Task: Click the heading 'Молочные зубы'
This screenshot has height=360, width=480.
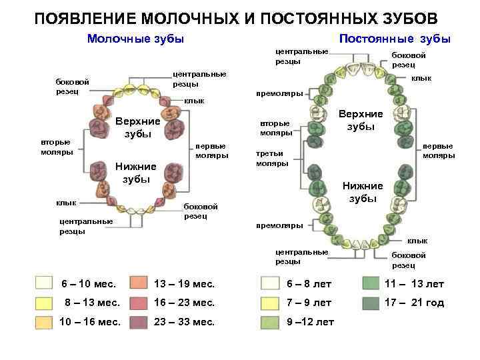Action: pos(135,39)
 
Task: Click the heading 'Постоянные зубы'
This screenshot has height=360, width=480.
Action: pos(395,39)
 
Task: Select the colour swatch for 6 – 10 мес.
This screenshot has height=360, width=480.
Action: pos(44,283)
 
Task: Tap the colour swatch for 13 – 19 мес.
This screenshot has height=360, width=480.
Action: pos(139,283)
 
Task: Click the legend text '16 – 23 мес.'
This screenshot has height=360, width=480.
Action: pos(185,303)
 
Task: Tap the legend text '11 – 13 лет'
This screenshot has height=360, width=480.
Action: pos(414,284)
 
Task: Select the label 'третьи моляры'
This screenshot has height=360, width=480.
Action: pos(273,158)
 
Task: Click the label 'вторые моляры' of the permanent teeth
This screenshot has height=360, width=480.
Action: pos(275,128)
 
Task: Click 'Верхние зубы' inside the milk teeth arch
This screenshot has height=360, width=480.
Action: pos(138,127)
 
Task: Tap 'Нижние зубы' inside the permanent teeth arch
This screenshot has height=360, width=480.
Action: pos(363,192)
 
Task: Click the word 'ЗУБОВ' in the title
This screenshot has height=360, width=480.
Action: pos(407,16)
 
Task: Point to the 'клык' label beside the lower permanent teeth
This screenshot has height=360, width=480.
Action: pos(417,240)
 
